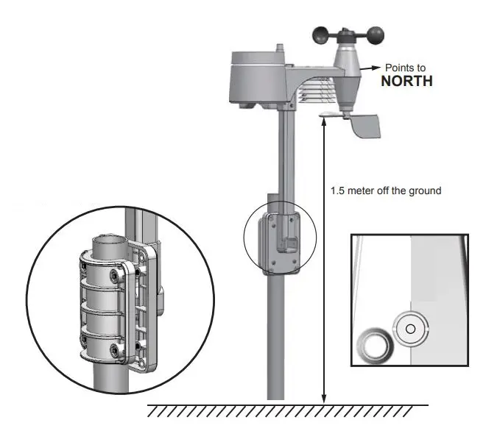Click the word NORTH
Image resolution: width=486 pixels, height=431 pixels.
click(406, 81)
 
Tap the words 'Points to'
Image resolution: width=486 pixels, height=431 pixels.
click(406, 68)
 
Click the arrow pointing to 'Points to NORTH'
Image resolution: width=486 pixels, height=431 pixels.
click(373, 68)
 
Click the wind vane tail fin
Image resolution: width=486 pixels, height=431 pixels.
click(367, 127)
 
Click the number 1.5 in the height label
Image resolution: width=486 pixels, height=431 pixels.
click(339, 190)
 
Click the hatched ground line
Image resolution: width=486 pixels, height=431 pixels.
click(287, 410)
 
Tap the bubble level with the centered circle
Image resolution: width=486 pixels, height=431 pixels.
click(410, 328)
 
